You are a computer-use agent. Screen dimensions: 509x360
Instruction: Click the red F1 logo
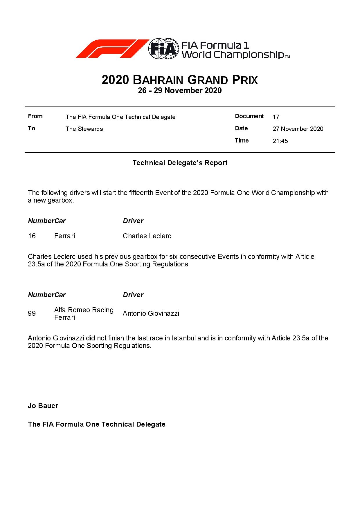[x=112, y=49]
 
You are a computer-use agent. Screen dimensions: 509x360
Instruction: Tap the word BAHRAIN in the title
[x=158, y=80]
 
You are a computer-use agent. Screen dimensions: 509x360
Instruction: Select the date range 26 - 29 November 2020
[x=180, y=91]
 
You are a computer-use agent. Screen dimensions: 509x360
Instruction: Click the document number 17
[x=276, y=117]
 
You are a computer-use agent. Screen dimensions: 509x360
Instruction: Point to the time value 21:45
[x=280, y=141]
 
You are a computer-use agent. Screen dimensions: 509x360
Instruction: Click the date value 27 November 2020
[x=298, y=129]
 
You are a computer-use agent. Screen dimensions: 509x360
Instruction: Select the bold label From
[x=35, y=116]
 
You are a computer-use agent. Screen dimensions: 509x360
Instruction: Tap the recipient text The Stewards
[x=84, y=129]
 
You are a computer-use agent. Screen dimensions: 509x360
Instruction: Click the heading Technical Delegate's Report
[x=180, y=163]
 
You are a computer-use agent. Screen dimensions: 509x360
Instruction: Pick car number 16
[x=32, y=236]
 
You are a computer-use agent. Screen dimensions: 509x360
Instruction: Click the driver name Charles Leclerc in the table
[x=147, y=236]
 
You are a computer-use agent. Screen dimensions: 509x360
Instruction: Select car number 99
[x=32, y=313]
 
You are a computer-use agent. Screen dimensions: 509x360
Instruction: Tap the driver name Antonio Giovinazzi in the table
[x=151, y=313]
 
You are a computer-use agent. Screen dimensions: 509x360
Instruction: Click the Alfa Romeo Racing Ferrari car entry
[x=84, y=313]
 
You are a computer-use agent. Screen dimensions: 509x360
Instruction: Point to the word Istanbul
[x=184, y=338]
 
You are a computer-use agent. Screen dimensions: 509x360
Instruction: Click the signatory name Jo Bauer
[x=43, y=406]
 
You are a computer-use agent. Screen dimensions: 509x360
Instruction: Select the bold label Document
[x=249, y=116]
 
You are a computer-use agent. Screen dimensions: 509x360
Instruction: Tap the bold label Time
[x=242, y=140]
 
